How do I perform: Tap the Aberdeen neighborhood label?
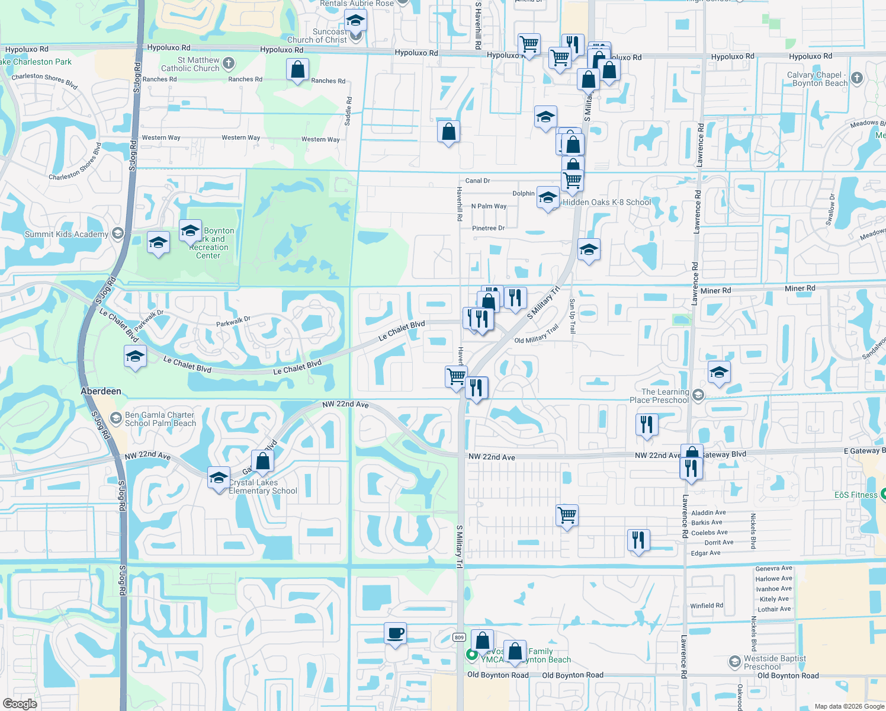[101, 391]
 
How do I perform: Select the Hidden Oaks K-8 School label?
[606, 202]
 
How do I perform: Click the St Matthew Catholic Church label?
[191, 64]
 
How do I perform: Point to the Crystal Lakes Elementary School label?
[263, 487]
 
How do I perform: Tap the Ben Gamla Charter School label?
[160, 419]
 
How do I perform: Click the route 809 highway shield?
[459, 638]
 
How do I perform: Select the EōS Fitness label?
[856, 495]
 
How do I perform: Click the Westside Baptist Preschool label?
[775, 662]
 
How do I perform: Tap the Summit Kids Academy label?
[66, 234]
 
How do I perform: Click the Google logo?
[20, 703]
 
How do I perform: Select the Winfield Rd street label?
[707, 606]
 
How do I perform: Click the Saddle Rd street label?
[348, 111]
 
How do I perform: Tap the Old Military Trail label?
[537, 335]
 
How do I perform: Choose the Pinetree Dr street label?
[488, 228]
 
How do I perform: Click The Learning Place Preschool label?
[665, 396]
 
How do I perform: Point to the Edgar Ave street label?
[705, 553]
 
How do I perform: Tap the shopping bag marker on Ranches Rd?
[297, 70]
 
